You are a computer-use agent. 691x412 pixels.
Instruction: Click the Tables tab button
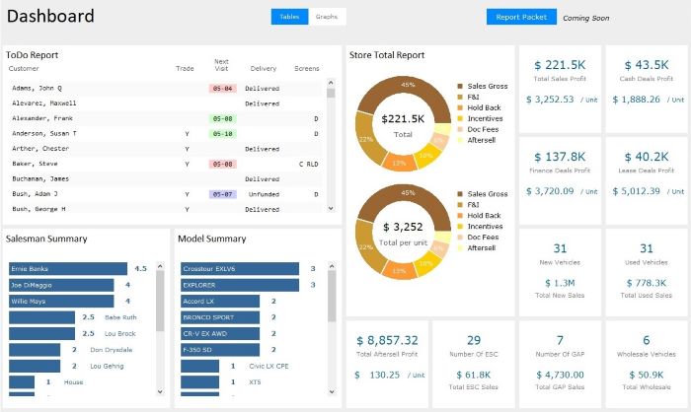point(289,17)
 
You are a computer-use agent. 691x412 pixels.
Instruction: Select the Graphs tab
point(326,17)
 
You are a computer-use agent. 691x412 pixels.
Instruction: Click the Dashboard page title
point(50,17)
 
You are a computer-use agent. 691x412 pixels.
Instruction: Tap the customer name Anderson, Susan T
point(43,133)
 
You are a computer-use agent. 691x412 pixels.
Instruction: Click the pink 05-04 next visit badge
point(222,88)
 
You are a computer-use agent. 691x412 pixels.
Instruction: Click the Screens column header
point(306,69)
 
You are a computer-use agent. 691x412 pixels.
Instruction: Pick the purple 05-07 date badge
point(222,194)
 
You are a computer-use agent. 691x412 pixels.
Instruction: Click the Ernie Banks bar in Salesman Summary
point(67,268)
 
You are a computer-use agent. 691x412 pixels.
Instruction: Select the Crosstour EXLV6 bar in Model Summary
point(240,268)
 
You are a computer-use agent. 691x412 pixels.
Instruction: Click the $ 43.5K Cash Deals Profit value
point(646,64)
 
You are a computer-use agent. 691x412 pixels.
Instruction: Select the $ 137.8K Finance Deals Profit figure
point(561,157)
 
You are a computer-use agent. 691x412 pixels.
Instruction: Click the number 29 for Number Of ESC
point(473,340)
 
